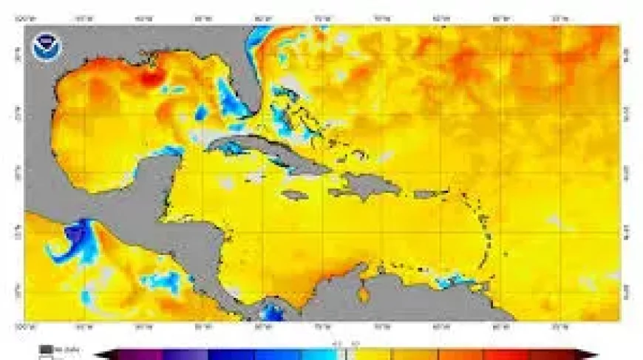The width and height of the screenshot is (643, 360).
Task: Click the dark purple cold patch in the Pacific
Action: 74,235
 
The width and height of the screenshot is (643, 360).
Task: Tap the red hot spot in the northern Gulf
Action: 152,76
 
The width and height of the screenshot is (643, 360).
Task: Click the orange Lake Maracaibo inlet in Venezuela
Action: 363,294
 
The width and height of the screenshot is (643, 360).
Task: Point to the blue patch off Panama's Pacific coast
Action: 273,314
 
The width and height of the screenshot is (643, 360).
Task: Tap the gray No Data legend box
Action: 47,349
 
